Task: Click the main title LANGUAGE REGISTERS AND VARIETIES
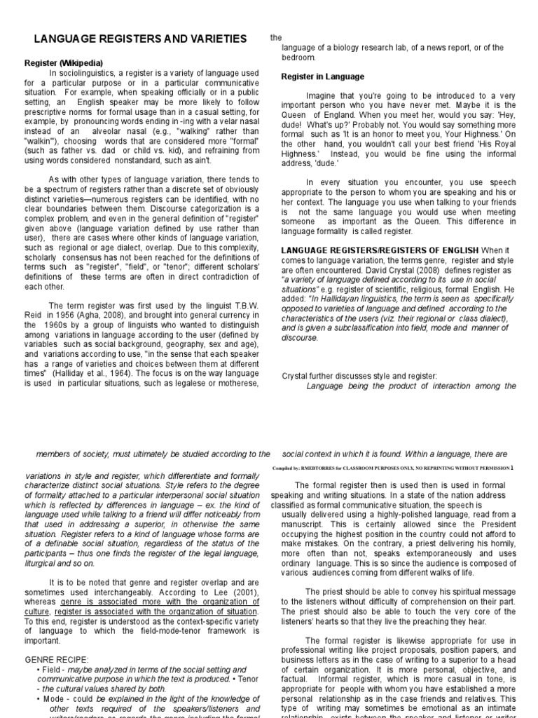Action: point(140,39)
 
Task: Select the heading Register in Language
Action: point(322,76)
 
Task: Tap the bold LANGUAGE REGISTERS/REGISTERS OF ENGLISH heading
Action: point(380,250)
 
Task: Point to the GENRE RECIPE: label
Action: point(57,660)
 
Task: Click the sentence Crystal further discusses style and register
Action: point(359,375)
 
